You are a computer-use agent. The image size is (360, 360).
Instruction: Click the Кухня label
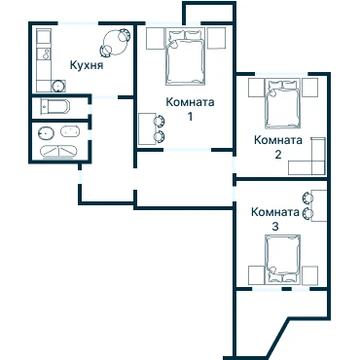87,65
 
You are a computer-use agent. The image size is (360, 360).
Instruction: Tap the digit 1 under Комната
191,116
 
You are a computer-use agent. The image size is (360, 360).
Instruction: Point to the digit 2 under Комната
278,155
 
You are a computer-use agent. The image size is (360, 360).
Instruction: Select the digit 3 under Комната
275,226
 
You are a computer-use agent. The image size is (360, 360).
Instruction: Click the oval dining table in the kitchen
115,43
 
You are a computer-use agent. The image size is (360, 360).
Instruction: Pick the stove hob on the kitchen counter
45,54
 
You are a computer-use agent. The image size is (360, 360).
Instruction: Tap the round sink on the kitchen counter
58,86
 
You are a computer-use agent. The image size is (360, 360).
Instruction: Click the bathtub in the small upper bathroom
55,107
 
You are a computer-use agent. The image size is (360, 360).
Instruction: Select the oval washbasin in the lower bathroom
46,133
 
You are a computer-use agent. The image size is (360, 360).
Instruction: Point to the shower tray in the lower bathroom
58,152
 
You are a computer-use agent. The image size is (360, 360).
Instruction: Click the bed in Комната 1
186,56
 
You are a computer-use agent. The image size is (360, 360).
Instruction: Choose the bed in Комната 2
282,104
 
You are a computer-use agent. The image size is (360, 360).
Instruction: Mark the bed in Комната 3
282,259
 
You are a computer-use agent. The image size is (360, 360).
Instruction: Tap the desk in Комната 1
147,128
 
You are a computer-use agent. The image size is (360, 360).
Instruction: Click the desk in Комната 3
319,205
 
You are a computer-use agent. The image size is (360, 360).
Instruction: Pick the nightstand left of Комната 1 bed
156,39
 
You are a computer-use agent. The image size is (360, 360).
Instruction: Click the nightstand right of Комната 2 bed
309,88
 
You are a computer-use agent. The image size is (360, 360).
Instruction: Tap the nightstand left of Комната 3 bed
257,275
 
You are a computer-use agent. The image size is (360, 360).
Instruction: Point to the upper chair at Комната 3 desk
307,198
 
